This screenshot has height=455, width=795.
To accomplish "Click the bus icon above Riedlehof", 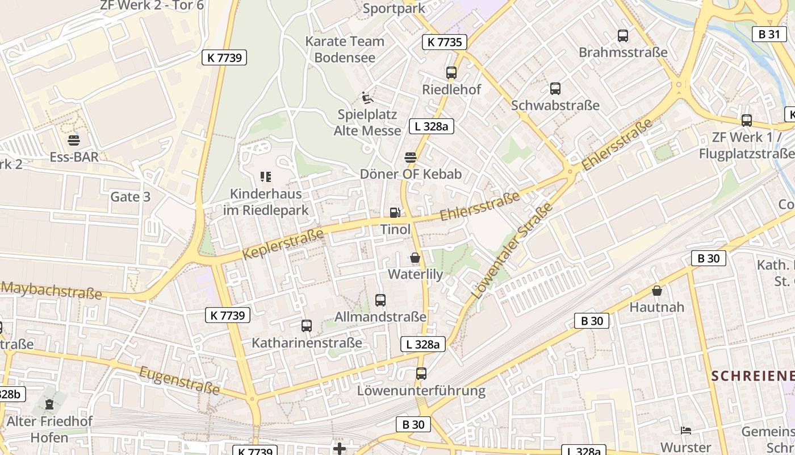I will (x=451, y=73).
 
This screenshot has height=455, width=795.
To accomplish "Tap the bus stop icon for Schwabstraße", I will (x=555, y=89).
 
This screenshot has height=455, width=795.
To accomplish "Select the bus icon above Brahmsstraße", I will (x=623, y=36).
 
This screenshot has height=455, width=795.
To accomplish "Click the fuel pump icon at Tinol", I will (x=395, y=213).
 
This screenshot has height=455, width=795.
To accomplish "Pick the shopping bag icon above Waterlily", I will (x=415, y=258).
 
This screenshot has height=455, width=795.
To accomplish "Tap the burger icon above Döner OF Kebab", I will (x=411, y=157).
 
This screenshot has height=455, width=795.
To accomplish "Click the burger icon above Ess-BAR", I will (x=74, y=140).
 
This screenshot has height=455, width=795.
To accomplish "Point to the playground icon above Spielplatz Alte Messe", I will (x=367, y=98).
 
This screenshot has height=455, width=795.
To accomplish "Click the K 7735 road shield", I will (x=445, y=42).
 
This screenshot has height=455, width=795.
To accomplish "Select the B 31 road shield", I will (x=769, y=34).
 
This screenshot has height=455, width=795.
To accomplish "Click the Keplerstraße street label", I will (x=283, y=243).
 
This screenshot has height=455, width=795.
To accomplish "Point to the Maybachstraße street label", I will (x=51, y=289).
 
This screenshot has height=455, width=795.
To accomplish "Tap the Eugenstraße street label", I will (x=179, y=380).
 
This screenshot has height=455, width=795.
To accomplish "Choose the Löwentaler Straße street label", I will (x=512, y=251).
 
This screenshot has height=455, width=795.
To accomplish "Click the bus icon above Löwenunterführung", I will (x=421, y=374).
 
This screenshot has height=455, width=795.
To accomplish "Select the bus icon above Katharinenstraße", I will (x=307, y=326).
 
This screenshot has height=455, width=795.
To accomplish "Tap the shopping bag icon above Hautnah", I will (x=657, y=291).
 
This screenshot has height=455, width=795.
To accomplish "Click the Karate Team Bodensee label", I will (x=345, y=49).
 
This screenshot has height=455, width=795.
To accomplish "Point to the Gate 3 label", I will (x=131, y=197).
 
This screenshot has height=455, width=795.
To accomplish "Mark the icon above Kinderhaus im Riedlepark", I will (x=266, y=177).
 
